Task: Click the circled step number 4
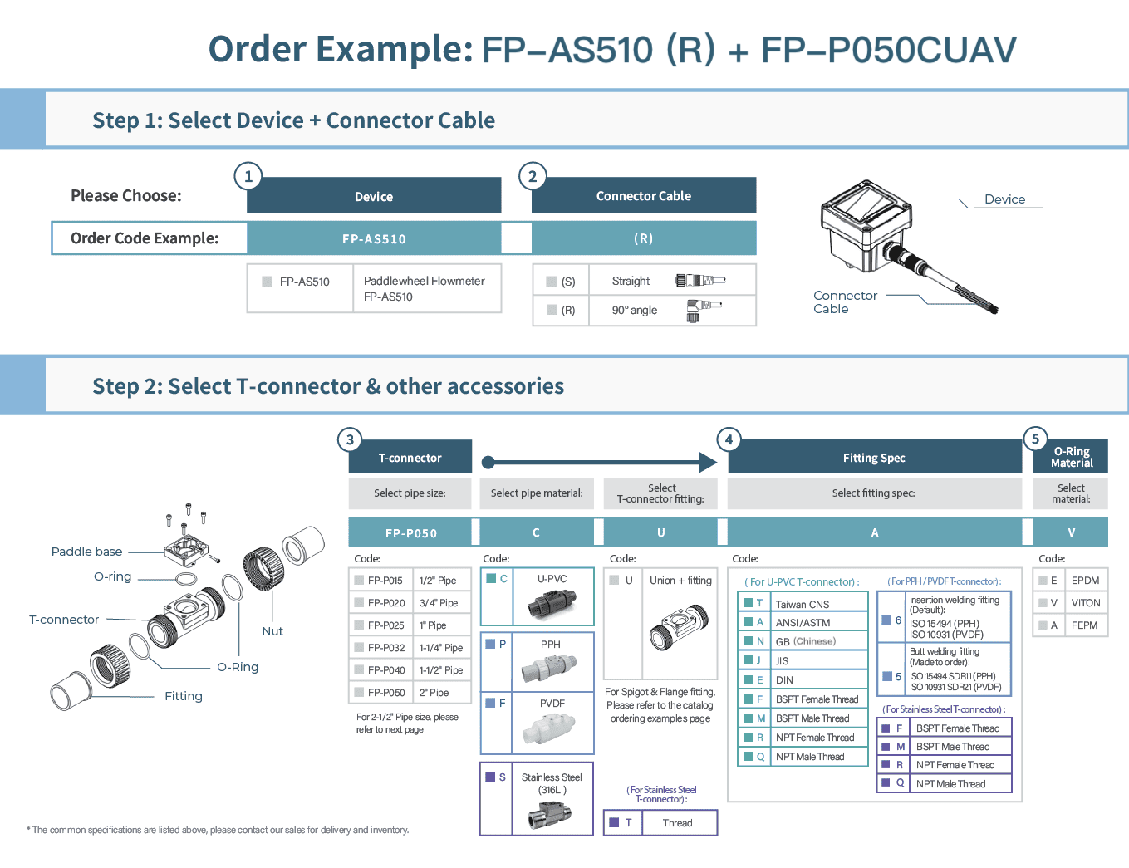point(729,439)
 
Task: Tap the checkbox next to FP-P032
point(359,647)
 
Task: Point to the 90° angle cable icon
point(702,310)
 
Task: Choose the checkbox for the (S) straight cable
point(552,282)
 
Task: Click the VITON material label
point(1085,603)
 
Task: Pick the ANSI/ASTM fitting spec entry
point(803,622)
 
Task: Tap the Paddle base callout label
point(86,552)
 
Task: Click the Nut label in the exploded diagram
point(272,631)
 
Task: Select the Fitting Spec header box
point(874,458)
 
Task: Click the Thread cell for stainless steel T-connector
point(677,823)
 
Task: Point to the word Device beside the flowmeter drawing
point(1004,199)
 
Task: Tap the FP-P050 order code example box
point(410,533)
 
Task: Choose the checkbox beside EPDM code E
point(1043,581)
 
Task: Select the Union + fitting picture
point(679,627)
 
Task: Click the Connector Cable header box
point(644,196)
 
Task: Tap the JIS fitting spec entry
point(782,660)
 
